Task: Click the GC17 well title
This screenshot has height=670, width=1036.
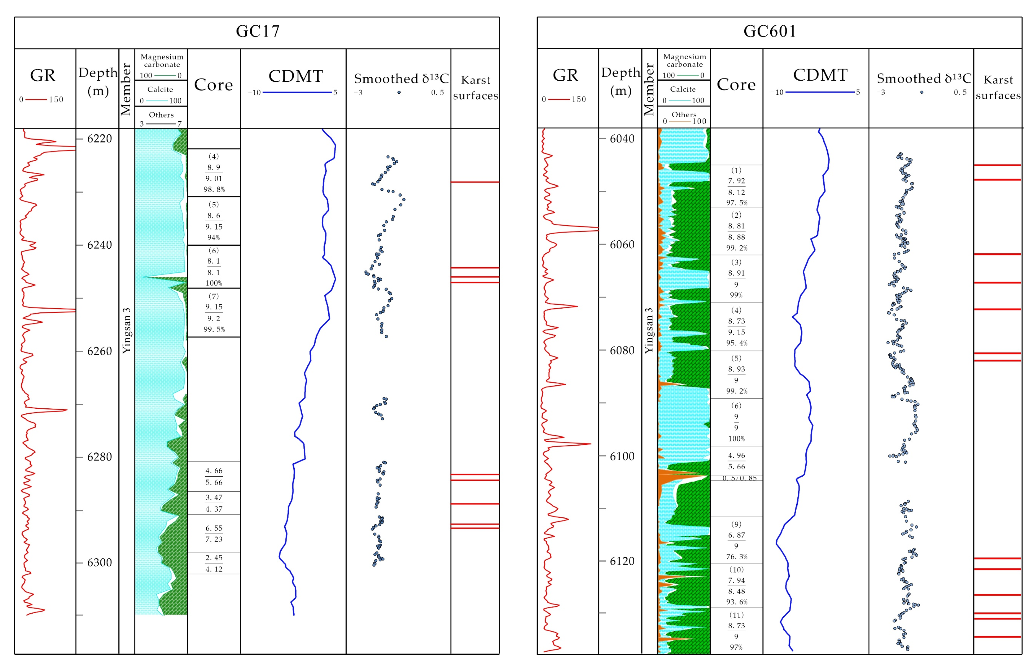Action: (x=257, y=31)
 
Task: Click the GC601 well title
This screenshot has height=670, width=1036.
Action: (x=769, y=31)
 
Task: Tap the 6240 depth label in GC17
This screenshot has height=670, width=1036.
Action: (x=99, y=245)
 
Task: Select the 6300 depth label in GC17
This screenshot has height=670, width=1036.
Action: (x=99, y=563)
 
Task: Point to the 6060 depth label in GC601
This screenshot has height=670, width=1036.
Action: (x=622, y=244)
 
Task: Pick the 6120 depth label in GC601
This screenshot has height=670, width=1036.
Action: (x=622, y=561)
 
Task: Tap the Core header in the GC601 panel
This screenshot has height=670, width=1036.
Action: (x=736, y=84)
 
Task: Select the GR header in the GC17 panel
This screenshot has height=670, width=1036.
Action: (x=43, y=75)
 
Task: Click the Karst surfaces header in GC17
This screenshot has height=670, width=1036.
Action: (x=475, y=87)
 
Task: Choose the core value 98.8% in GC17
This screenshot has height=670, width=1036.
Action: (x=214, y=189)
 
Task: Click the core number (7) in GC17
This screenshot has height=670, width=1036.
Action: (x=213, y=296)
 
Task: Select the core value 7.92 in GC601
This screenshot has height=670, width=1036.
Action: (x=736, y=181)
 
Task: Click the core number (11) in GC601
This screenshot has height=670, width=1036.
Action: (x=736, y=615)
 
